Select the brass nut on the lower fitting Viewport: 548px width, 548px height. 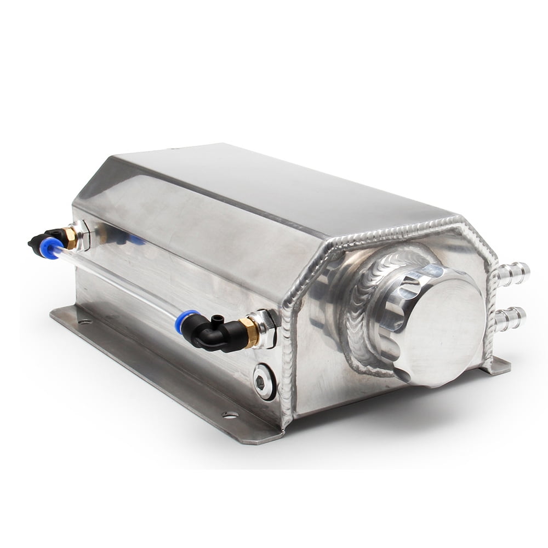pyautogui.click(x=249, y=332)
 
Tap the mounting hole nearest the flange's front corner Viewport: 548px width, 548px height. pyautogui.click(x=230, y=415)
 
